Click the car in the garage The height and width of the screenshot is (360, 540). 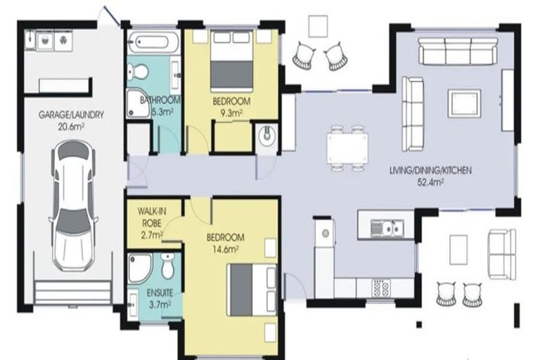click(x=72, y=206)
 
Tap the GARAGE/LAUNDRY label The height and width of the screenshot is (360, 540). click(x=71, y=115)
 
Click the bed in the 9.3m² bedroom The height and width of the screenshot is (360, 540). click(x=232, y=61)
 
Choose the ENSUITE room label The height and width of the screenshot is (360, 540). click(x=160, y=293)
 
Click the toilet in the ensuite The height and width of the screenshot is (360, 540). click(x=168, y=266)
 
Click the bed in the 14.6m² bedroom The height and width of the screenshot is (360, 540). click(x=252, y=290)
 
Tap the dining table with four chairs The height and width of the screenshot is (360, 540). click(x=347, y=148)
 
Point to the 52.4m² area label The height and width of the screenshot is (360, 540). click(x=430, y=182)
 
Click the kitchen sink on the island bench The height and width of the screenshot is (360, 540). click(x=387, y=229)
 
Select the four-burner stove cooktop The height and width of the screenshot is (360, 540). click(x=381, y=288)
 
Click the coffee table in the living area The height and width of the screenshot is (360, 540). click(x=464, y=103)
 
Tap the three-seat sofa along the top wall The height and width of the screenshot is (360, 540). click(x=458, y=51)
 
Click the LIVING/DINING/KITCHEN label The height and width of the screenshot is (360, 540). click(x=430, y=170)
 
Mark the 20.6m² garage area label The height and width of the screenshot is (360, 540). click(x=71, y=127)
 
